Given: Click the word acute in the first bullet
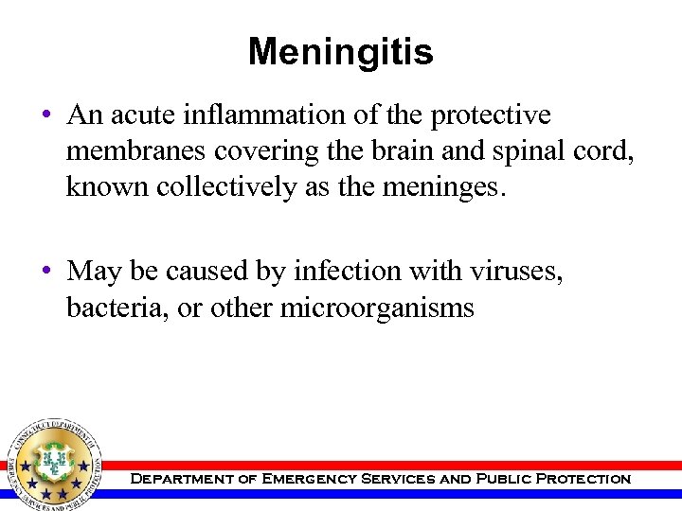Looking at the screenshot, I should pos(136,115).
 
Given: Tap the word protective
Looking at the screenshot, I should pos(491,115).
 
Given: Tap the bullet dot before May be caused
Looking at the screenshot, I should pos(45,273).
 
